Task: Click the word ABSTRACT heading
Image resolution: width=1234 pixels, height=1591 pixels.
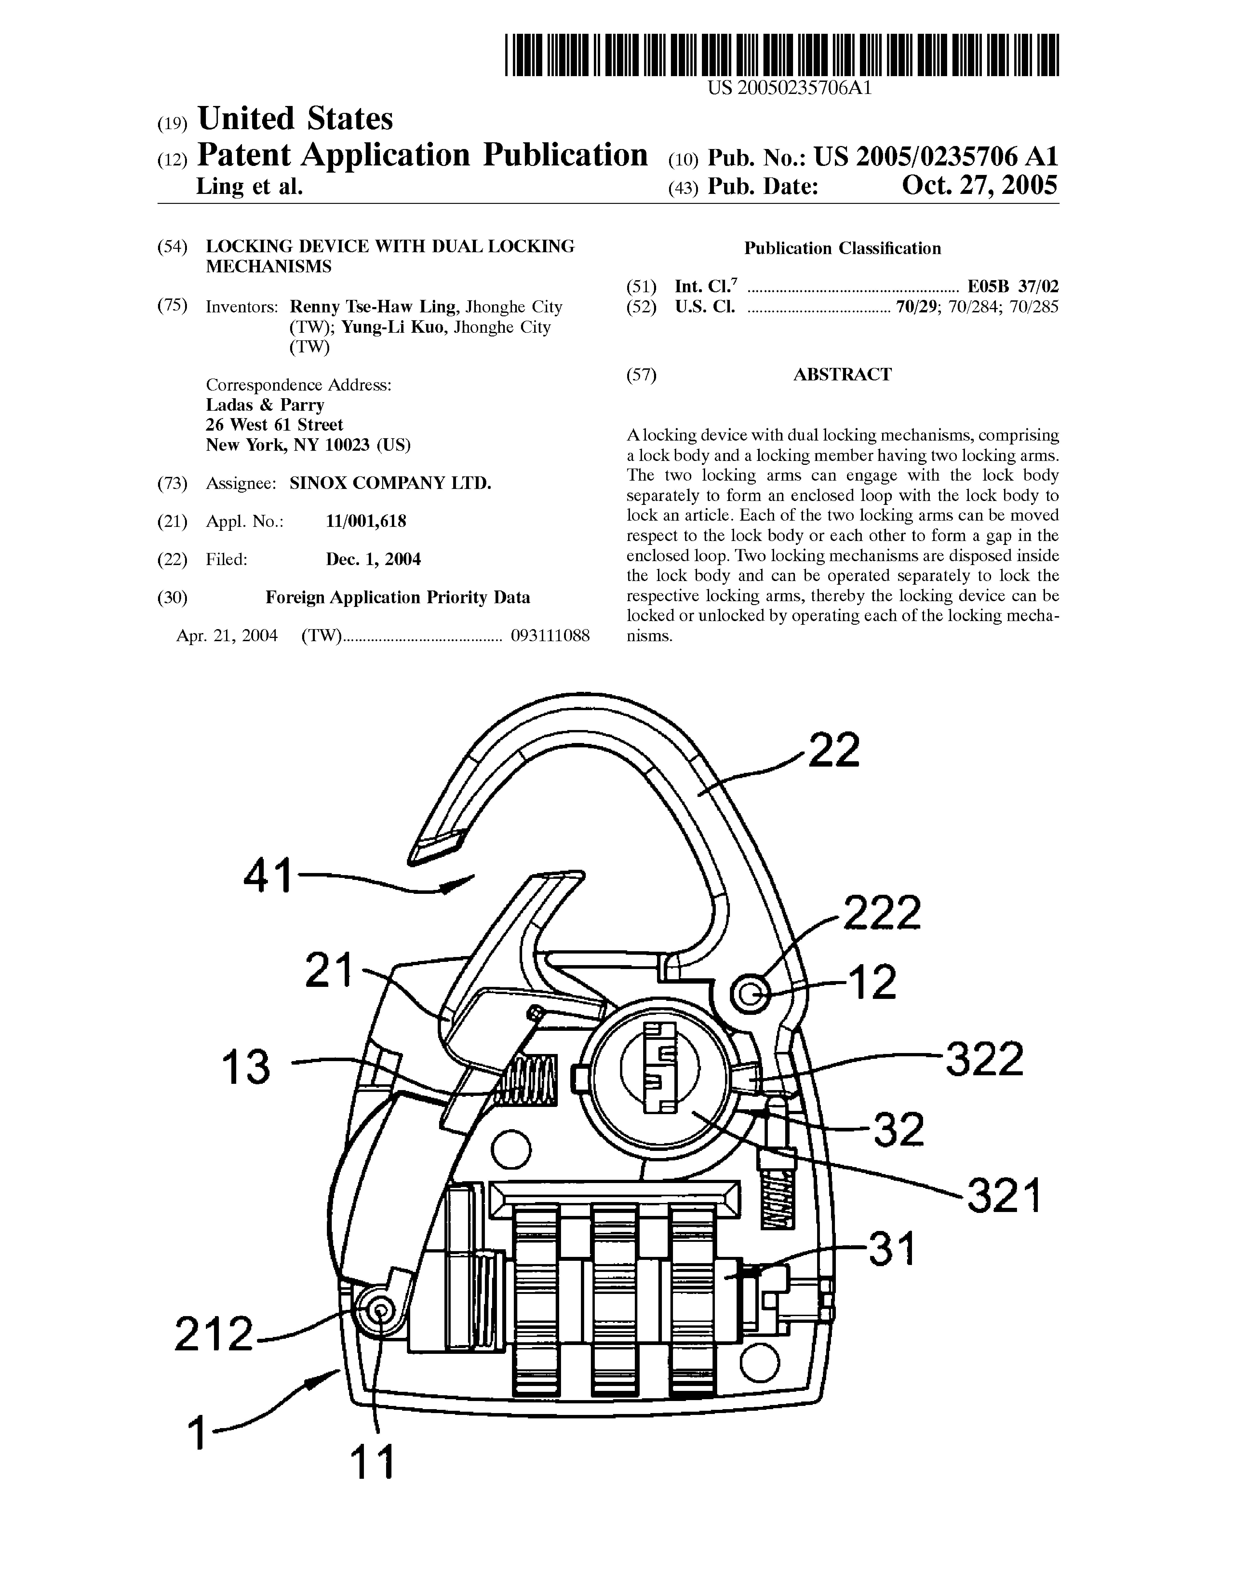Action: [x=842, y=374]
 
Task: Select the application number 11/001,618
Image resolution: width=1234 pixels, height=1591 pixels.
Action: [x=366, y=521]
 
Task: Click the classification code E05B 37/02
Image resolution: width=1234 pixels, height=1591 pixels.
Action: [x=1013, y=286]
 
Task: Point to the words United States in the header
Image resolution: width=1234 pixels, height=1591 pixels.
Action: [x=295, y=119]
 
